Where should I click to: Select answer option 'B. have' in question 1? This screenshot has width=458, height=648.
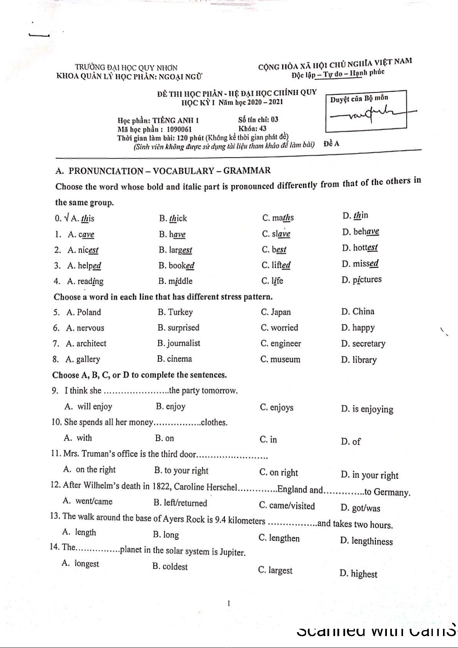pyautogui.click(x=172, y=234)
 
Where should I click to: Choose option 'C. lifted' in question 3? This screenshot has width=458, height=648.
pyautogui.click(x=276, y=265)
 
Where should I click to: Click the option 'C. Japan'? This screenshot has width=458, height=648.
pyautogui.click(x=276, y=312)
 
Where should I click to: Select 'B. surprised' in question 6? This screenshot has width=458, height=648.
pyautogui.click(x=178, y=328)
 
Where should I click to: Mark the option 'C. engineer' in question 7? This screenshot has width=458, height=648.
pyautogui.click(x=281, y=344)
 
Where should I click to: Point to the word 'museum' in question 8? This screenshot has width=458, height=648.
pyautogui.click(x=285, y=360)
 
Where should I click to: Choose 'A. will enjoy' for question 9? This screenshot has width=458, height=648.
pyautogui.click(x=88, y=407)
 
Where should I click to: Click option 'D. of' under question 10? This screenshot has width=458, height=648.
pyautogui.click(x=351, y=442)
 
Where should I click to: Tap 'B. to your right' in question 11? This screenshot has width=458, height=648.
pyautogui.click(x=181, y=471)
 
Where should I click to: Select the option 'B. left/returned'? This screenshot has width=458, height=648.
pyautogui.click(x=180, y=503)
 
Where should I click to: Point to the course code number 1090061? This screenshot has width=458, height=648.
pyautogui.click(x=179, y=130)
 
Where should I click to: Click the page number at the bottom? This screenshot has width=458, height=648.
pyautogui.click(x=229, y=603)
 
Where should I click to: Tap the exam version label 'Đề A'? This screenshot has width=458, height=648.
pyautogui.click(x=331, y=144)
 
